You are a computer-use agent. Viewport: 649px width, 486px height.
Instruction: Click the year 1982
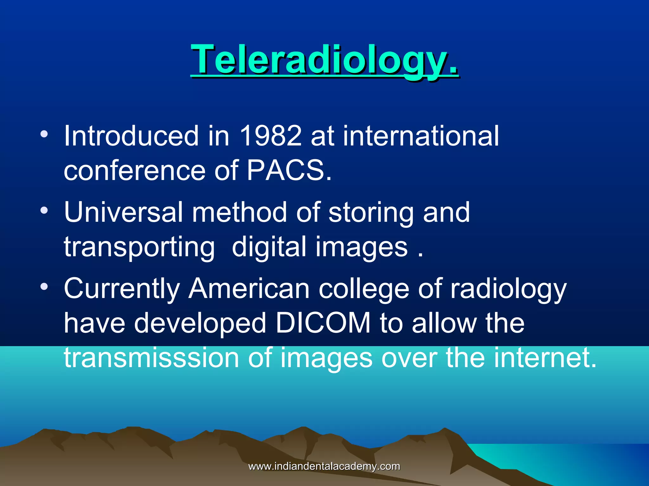point(271,136)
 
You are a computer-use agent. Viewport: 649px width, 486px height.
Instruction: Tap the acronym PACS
point(289,171)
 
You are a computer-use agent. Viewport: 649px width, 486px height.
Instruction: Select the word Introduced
point(131,136)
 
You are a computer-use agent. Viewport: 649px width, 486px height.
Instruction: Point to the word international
point(421,136)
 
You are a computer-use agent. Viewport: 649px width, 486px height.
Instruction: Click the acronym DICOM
point(323,323)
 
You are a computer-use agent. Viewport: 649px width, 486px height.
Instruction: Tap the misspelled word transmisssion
point(151,358)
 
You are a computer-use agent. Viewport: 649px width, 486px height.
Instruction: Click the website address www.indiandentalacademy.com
point(324,466)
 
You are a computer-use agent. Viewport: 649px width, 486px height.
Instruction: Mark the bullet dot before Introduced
point(44,134)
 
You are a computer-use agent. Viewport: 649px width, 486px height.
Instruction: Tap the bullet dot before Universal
point(44,210)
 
